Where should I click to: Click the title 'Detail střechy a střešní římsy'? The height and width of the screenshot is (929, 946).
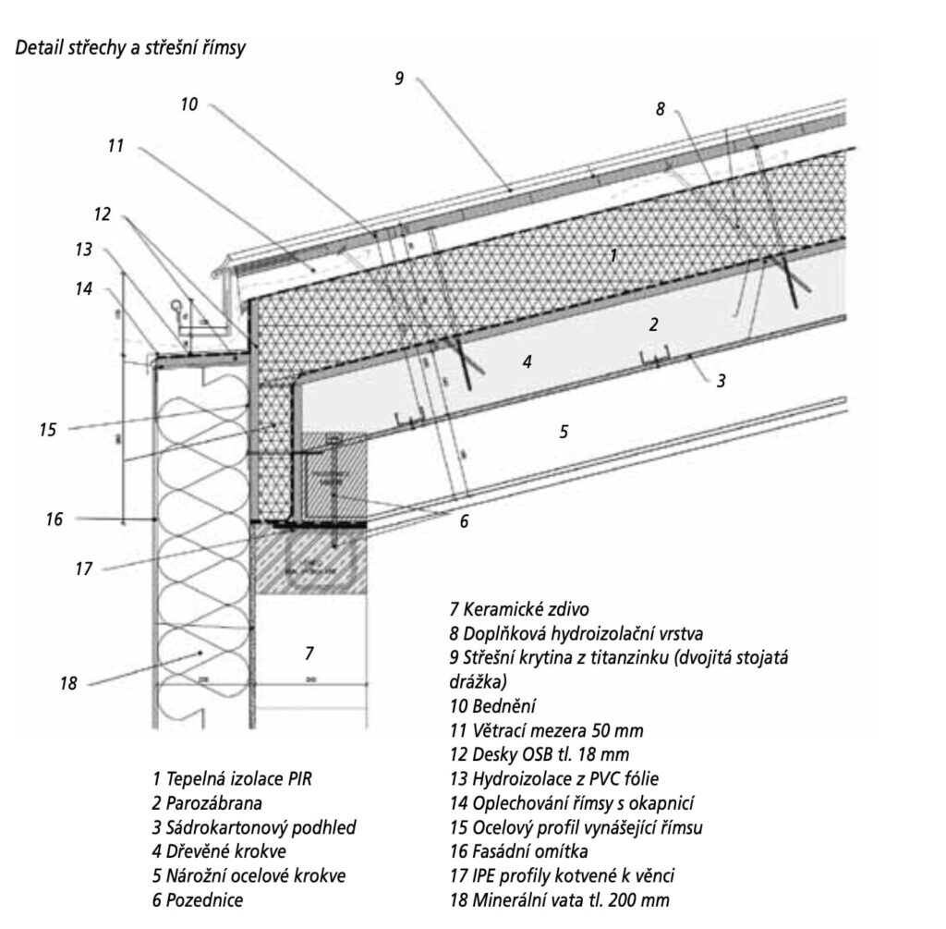pyautogui.click(x=129, y=48)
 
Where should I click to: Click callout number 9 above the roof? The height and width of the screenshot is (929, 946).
pyautogui.click(x=399, y=79)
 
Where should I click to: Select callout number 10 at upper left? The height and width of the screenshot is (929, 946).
pyautogui.click(x=188, y=104)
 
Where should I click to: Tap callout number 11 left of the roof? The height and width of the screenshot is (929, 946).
pyautogui.click(x=115, y=145)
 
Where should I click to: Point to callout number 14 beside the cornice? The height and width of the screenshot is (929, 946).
pyautogui.click(x=84, y=288)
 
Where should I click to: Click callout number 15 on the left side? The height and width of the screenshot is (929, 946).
pyautogui.click(x=48, y=430)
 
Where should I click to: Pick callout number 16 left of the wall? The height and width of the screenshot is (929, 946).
pyautogui.click(x=55, y=520)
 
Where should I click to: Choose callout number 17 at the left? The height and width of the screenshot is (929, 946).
pyautogui.click(x=84, y=569)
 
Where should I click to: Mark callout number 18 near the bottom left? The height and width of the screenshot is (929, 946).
pyautogui.click(x=67, y=684)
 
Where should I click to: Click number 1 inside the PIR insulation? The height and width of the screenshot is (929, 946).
pyautogui.click(x=613, y=255)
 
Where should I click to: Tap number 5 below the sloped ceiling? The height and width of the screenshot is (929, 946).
pyautogui.click(x=563, y=431)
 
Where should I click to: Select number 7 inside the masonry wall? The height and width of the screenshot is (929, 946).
pyautogui.click(x=309, y=654)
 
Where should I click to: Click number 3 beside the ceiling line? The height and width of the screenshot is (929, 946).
pyautogui.click(x=720, y=379)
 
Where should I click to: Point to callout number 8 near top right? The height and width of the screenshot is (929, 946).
pyautogui.click(x=660, y=108)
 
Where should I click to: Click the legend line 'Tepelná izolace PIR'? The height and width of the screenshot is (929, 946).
pyautogui.click(x=233, y=778)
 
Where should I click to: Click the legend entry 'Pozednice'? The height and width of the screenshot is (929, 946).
pyautogui.click(x=198, y=899)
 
